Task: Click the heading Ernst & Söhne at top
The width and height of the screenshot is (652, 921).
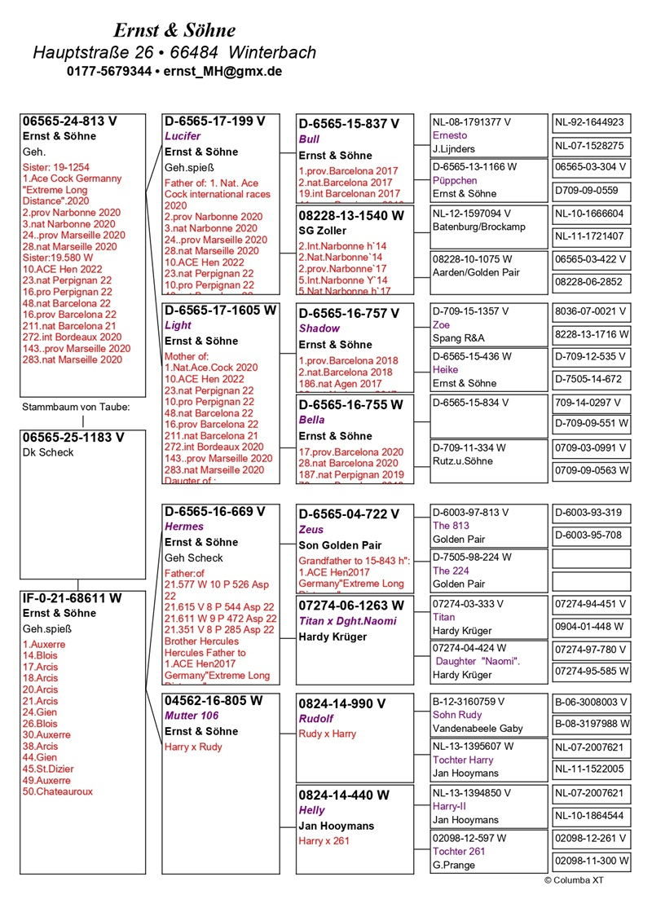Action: (x=174, y=31)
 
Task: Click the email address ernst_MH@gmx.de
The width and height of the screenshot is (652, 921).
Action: (x=222, y=72)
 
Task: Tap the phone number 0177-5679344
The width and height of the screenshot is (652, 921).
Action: (x=109, y=72)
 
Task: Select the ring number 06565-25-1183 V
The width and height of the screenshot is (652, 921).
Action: (x=73, y=437)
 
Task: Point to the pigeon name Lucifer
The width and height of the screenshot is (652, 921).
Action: (x=183, y=136)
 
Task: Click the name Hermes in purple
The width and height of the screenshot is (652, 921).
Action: (x=183, y=527)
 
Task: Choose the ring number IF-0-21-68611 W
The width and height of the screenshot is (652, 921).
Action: (x=73, y=598)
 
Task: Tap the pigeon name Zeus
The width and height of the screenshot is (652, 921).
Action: (x=311, y=530)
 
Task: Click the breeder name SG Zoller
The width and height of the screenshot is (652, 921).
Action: (x=321, y=231)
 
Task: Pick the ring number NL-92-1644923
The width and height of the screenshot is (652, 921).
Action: (x=589, y=123)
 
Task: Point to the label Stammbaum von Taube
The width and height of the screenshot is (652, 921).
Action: (x=75, y=407)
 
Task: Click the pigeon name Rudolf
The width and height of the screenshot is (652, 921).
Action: (x=316, y=719)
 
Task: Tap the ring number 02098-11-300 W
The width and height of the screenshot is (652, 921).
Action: (x=591, y=861)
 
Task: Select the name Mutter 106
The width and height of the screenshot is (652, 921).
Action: (x=192, y=716)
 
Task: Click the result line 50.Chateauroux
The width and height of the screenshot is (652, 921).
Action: (x=58, y=791)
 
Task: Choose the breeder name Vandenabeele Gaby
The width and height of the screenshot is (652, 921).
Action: (x=478, y=728)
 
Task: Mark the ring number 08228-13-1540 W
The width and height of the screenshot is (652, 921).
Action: (x=351, y=216)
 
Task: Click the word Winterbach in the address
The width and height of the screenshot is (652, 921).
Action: (x=272, y=52)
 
